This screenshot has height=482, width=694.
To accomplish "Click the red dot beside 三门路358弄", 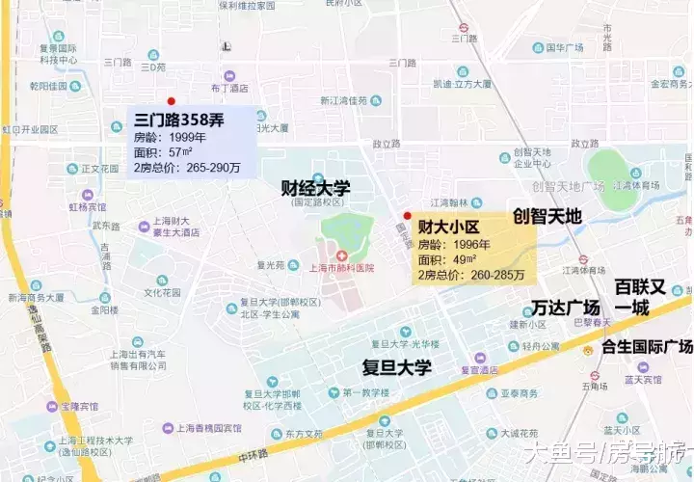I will pos(171,100).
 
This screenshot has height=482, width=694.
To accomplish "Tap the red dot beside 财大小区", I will pos(407,215).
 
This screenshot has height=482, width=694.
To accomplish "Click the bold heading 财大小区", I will pos(448,228).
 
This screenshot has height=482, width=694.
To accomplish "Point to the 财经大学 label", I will pos(315,187).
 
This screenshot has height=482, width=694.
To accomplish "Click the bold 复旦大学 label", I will pos(396,366).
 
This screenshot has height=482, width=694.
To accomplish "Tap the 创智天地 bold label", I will pos(547,217).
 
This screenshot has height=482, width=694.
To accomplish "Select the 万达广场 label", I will pos(566,308).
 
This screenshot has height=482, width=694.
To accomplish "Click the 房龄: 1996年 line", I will pos(450,246).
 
